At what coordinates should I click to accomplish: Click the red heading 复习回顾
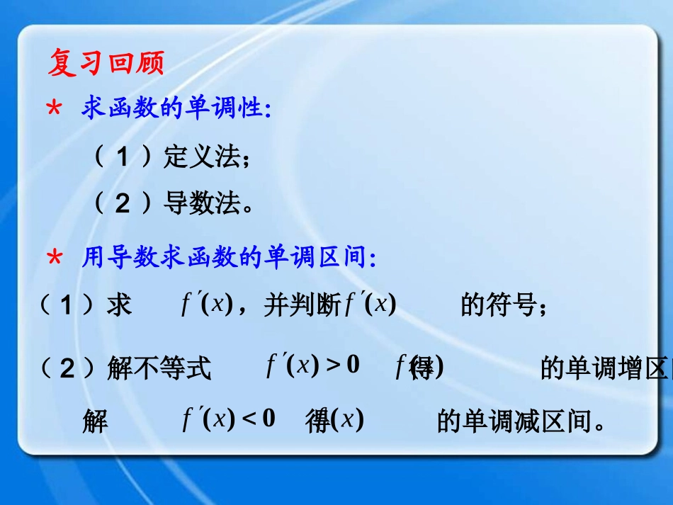106,64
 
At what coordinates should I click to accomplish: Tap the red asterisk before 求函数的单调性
54,110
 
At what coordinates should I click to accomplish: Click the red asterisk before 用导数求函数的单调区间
54,260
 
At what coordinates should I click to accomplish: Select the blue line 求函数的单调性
177,110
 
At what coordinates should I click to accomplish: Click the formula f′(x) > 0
313,366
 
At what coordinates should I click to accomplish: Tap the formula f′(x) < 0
229,419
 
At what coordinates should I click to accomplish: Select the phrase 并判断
303,307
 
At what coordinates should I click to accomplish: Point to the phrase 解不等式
159,368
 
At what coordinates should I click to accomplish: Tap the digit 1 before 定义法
123,157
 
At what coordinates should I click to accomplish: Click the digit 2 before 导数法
123,204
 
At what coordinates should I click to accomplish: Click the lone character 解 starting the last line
96,422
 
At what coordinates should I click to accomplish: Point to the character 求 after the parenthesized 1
119,307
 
